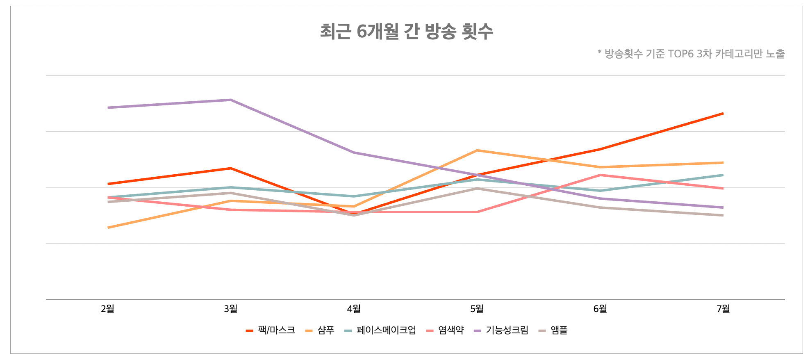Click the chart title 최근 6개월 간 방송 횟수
[x=406, y=32]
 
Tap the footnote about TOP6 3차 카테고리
[x=691, y=54]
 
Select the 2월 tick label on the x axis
[x=108, y=309]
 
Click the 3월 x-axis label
[x=231, y=309]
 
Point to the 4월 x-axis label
[x=354, y=309]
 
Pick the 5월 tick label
[x=477, y=309]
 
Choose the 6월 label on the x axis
[x=600, y=309]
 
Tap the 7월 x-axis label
[x=723, y=309]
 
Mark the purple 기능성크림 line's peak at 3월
[x=231, y=100]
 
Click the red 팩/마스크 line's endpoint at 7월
[x=723, y=113]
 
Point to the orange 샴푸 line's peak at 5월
[x=477, y=150]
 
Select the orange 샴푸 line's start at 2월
[x=108, y=228]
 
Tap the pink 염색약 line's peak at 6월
[x=600, y=175]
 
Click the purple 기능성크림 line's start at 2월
[x=108, y=107]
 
